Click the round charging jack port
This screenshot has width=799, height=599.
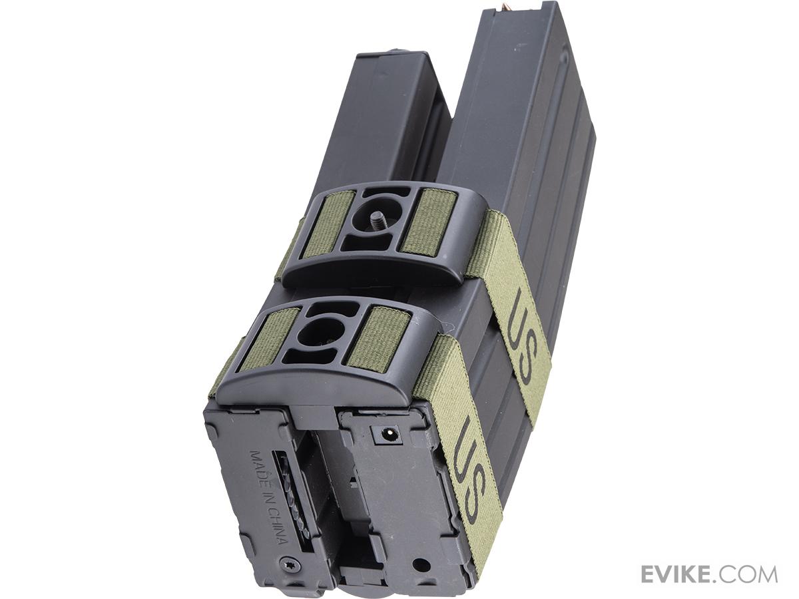point(387,434)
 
